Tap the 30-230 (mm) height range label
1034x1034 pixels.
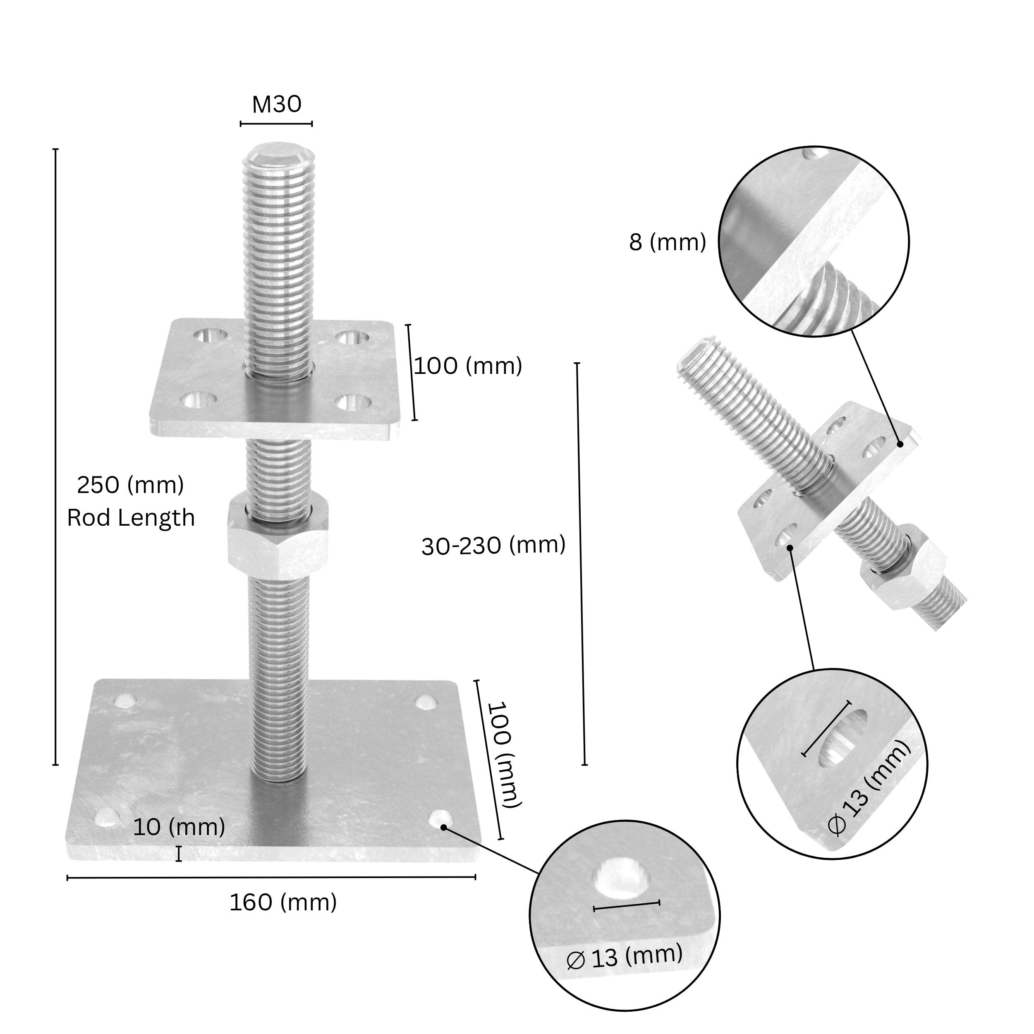[x=493, y=546]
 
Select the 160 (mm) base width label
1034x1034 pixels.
[x=283, y=903]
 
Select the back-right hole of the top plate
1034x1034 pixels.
[x=352, y=337]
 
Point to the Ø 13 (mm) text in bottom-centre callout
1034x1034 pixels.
[x=625, y=956]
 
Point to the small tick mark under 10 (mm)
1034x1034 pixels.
[x=179, y=854]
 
